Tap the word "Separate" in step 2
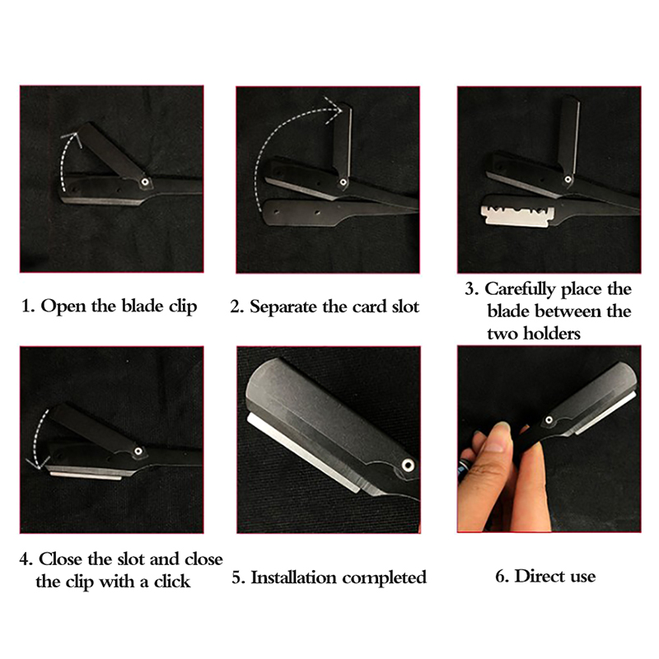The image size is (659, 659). click(x=283, y=307)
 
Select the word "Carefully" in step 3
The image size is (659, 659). click(x=521, y=290)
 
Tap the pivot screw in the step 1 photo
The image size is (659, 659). click(x=145, y=182)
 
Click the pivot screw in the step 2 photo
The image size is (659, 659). click(x=344, y=182)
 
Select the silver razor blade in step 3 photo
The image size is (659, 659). click(x=518, y=216)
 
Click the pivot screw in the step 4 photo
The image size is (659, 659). click(x=138, y=451)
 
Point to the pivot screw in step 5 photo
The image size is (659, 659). click(x=407, y=465)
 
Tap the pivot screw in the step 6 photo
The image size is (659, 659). click(x=549, y=419)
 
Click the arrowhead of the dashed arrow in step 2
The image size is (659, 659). click(x=335, y=110)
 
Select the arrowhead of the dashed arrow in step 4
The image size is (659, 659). click(x=35, y=465)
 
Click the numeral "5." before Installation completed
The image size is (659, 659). click(x=237, y=577)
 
